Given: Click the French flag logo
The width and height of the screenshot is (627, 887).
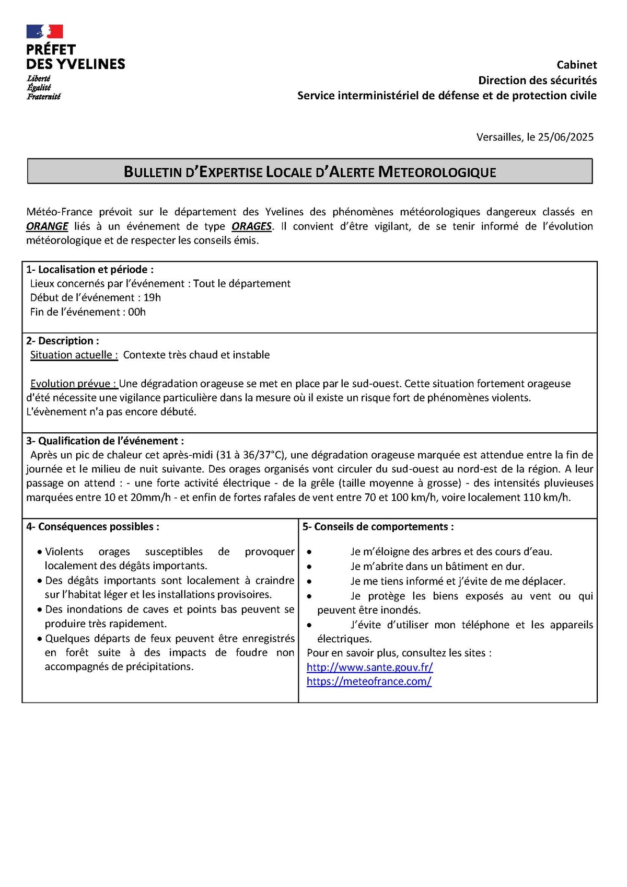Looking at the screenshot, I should tap(45, 31).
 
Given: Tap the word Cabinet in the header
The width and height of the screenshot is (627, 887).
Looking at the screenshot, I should tap(576, 65).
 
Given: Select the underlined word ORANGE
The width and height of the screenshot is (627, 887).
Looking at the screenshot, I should tap(47, 226).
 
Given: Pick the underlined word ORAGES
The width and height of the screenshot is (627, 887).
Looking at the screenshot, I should tap(251, 226).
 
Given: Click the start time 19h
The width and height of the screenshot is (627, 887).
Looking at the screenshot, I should tap(152, 298).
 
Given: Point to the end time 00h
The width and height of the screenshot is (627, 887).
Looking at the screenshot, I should tap(137, 312).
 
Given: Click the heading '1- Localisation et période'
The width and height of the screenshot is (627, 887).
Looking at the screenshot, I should tap(90, 270).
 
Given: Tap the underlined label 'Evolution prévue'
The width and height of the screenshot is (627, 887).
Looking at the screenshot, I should tap(74, 384).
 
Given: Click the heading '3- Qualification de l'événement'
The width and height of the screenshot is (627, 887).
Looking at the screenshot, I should tap(105, 441).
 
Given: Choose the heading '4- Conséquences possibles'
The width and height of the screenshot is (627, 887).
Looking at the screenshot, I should tap(92, 527).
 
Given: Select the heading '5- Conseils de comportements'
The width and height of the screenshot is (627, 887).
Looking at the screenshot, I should tap(378, 527).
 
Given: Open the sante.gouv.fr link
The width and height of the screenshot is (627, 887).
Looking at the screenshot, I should tap(369, 667).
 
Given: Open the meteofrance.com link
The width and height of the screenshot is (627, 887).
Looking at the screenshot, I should tap(369, 682).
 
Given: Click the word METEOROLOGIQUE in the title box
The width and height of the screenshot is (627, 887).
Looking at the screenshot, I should tap(437, 172).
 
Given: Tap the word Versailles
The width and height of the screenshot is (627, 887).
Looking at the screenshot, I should tap(499, 137).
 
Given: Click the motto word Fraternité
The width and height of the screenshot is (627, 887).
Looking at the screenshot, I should tap(44, 97).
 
